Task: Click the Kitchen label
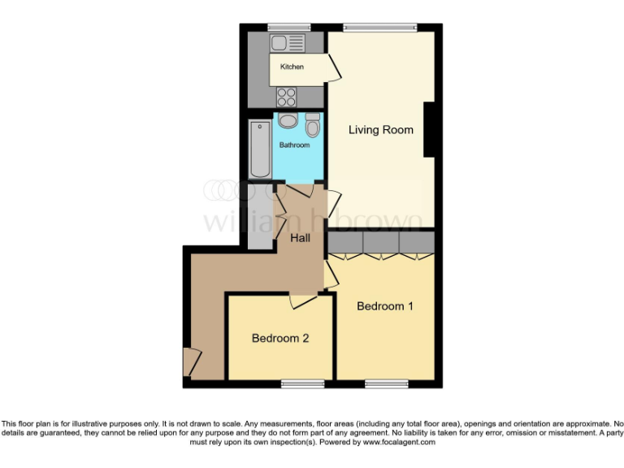click(292, 67)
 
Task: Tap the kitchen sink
click(287, 42)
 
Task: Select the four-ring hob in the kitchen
click(287, 97)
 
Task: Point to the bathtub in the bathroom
click(260, 149)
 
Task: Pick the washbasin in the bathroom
click(288, 121)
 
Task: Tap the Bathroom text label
click(295, 145)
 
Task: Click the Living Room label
click(380, 130)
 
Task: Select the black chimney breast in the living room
click(432, 129)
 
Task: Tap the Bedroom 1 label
click(385, 306)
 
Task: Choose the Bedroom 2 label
click(279, 338)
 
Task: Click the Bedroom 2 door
click(302, 301)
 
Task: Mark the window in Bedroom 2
click(302, 383)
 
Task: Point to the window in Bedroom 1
click(386, 383)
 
